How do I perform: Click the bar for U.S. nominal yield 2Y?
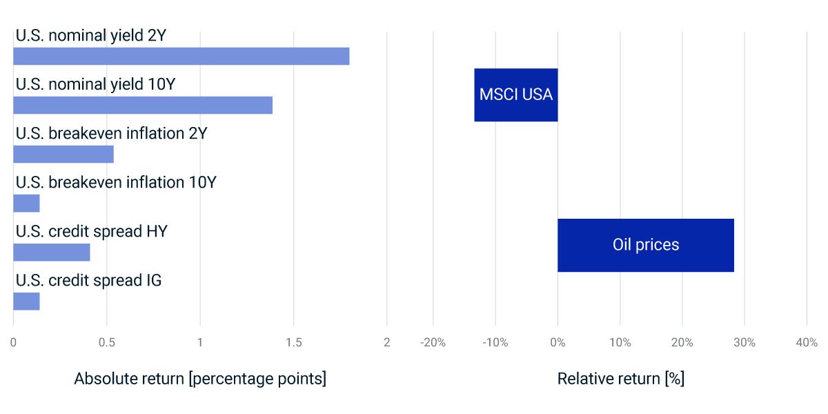click(181, 56)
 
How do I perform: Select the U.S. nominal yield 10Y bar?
click(142, 105)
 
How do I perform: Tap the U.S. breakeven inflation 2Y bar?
click(63, 154)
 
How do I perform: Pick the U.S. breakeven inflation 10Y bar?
click(26, 203)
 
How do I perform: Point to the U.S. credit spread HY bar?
click(51, 253)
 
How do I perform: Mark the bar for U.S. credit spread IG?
click(26, 302)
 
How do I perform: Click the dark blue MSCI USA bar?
click(515, 95)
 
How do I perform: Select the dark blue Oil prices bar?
click(645, 245)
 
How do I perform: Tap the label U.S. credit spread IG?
click(88, 281)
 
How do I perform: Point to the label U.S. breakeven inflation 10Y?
click(115, 182)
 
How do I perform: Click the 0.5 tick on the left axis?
click(107, 342)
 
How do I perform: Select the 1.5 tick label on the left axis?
click(293, 342)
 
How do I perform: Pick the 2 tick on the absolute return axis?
click(386, 342)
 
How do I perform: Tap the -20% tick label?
click(433, 342)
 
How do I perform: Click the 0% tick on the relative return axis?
click(558, 342)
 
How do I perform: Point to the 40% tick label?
click(806, 342)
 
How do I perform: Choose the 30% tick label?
click(744, 342)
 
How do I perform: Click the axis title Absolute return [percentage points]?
click(200, 379)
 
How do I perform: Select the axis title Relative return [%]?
click(620, 379)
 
